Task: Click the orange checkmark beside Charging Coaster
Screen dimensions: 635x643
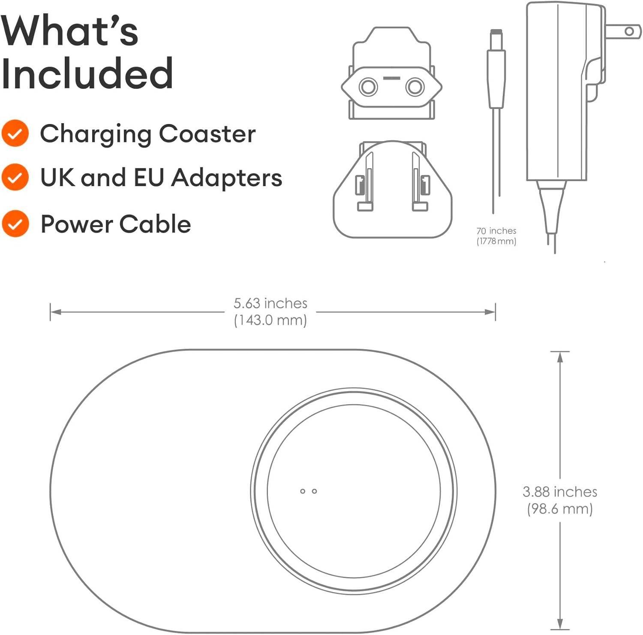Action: click(15, 133)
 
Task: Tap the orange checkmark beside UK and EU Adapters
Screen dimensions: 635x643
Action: click(15, 177)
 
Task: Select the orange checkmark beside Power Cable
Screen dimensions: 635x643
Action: click(15, 224)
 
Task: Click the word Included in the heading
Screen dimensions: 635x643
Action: click(87, 73)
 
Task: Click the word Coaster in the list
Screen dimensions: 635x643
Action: click(207, 133)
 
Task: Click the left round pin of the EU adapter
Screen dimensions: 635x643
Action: click(368, 87)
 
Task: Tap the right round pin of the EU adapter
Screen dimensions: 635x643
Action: click(415, 87)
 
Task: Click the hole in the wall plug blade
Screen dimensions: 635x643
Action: click(629, 31)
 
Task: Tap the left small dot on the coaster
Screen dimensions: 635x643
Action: click(303, 491)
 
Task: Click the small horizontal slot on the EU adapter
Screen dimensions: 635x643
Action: click(391, 78)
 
